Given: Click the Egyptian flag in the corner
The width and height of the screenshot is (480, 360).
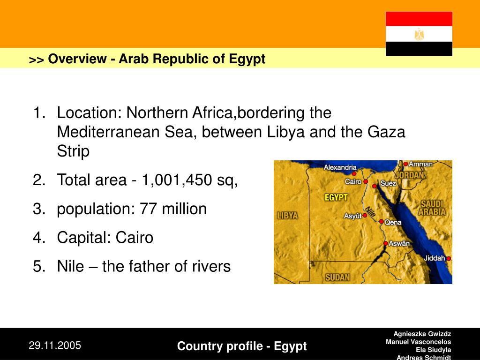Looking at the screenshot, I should pos(419,34).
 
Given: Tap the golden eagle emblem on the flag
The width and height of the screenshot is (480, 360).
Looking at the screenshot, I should pos(419,34).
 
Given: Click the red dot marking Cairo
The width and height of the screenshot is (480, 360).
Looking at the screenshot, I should pos(366,181).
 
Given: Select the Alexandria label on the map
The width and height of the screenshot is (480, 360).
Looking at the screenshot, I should pos(340,167).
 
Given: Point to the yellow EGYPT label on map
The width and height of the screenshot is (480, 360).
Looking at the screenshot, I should pos(336,197).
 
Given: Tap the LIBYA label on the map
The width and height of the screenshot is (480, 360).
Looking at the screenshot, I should pos(287,216).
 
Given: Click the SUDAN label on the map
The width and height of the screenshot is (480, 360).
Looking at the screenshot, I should pos(337,277).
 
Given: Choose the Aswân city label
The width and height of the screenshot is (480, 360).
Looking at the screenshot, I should pos(399,243).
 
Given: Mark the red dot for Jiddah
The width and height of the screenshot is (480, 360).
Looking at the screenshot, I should pos(449,258).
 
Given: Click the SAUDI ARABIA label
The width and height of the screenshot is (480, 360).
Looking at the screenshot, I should pos(432,208).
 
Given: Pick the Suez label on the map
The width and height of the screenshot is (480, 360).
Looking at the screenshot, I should pos(388,183).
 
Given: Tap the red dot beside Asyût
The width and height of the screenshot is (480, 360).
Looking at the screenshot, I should pos(365,216).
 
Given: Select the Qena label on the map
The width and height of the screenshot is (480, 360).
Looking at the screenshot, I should pos(393,222).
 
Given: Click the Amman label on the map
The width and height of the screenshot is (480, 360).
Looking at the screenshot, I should pos(420,164).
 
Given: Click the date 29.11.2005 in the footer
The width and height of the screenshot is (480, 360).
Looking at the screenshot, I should pos(55,345).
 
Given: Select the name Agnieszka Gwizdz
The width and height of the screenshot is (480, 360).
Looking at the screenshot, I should pos(422,334).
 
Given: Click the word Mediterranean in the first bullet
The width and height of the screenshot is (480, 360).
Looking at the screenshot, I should pos(109,132).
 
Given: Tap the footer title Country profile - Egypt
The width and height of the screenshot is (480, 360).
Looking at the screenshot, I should pos(241,346).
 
